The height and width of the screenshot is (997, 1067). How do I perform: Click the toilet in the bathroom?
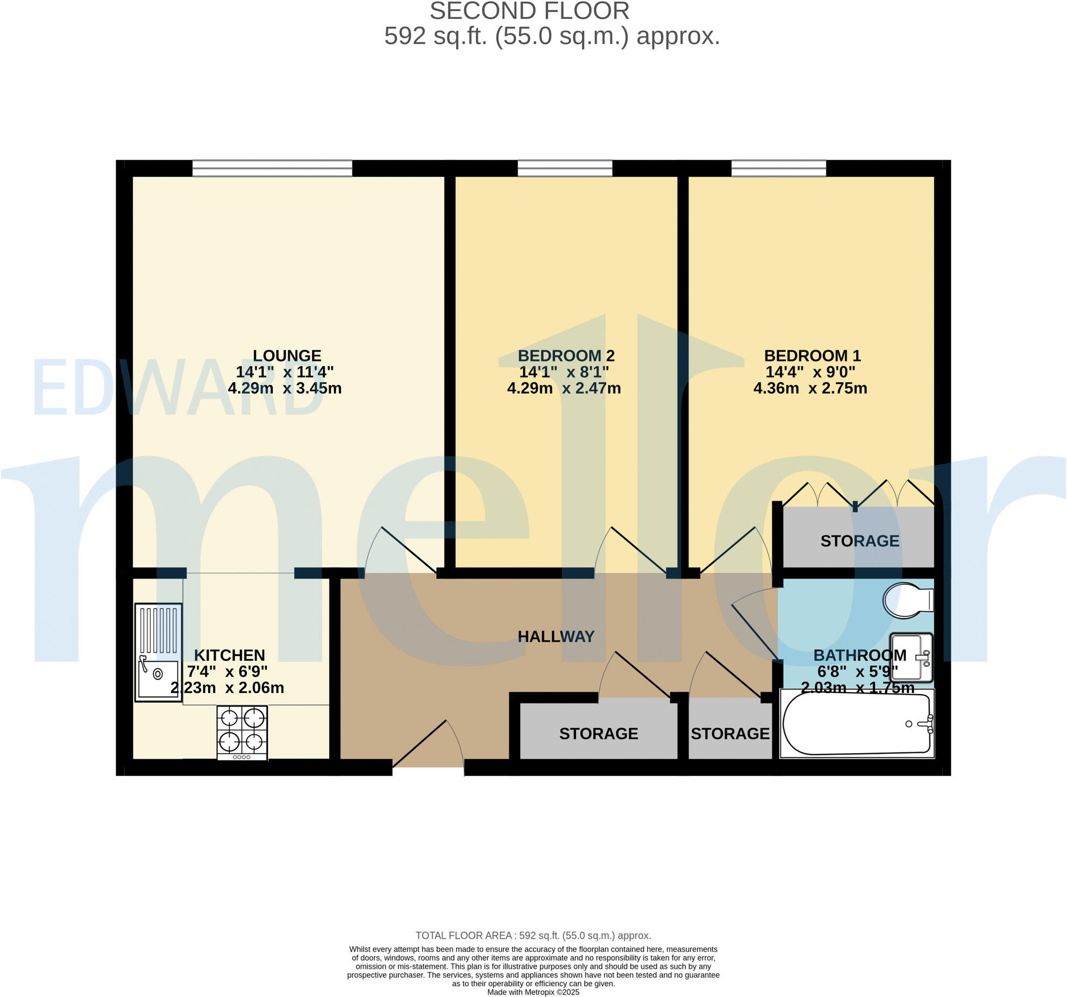[907, 600]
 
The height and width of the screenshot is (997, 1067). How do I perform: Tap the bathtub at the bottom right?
[857, 724]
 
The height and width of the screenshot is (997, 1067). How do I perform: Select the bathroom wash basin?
[911, 657]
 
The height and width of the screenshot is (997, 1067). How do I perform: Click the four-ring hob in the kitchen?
[242, 732]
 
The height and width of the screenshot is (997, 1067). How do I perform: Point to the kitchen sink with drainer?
[158, 652]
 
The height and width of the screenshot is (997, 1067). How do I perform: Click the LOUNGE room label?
[287, 355]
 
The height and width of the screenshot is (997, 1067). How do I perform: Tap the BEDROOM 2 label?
[566, 355]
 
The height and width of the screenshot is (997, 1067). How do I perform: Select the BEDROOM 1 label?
[812, 355]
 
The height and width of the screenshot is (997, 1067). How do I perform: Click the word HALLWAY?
[556, 637]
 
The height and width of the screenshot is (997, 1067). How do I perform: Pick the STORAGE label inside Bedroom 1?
[859, 541]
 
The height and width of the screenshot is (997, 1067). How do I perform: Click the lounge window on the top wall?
[272, 168]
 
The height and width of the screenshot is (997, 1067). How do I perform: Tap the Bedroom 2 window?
[565, 168]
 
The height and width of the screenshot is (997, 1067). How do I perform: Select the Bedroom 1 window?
[778, 168]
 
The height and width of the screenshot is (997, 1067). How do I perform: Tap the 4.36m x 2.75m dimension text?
[810, 388]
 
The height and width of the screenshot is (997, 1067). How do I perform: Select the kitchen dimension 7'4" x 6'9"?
[227, 672]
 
